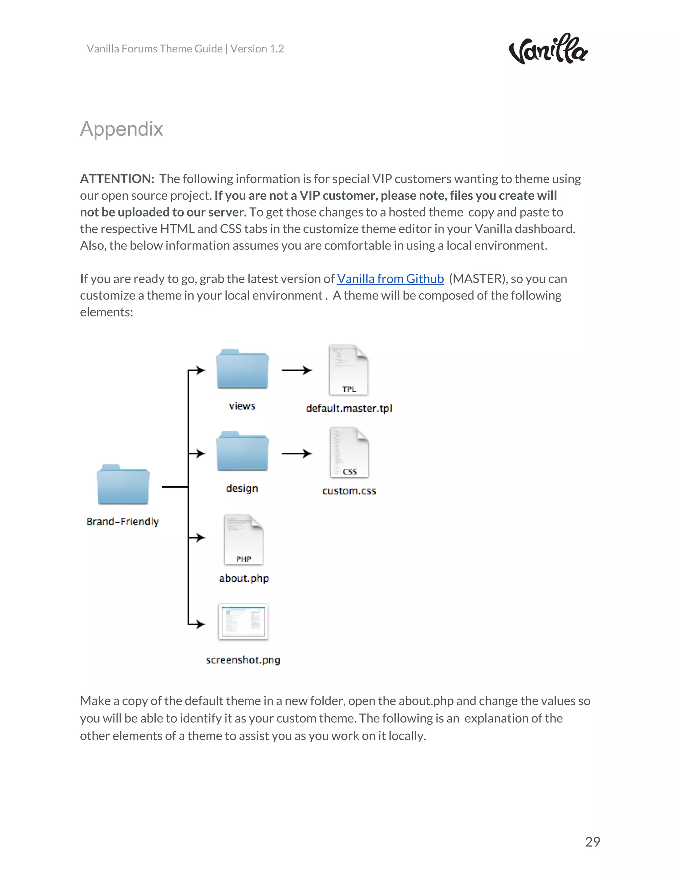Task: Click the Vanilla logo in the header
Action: [x=548, y=49]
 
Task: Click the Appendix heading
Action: [x=121, y=129]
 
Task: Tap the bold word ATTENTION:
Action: [x=117, y=179]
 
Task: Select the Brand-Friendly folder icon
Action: [x=123, y=485]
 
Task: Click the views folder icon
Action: [x=242, y=369]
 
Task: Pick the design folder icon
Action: [x=242, y=451]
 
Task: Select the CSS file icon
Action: [x=349, y=453]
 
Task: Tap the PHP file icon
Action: [x=244, y=540]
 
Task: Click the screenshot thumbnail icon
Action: [x=243, y=622]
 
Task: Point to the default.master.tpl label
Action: [x=349, y=409]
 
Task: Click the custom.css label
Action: [x=349, y=491]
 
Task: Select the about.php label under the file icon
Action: [x=244, y=578]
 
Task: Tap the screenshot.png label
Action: [x=243, y=660]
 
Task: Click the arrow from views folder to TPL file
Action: [x=297, y=370]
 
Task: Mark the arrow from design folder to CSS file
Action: [x=297, y=453]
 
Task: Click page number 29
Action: [x=592, y=842]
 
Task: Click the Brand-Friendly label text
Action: [x=123, y=522]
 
